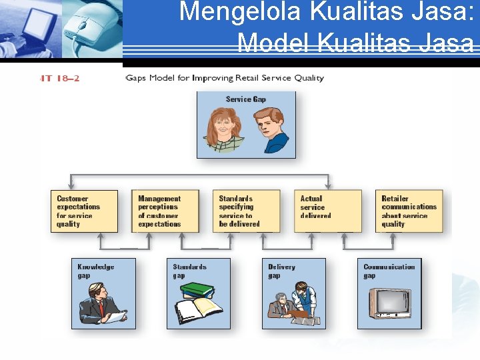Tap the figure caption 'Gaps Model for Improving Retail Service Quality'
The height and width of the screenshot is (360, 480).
(225, 78)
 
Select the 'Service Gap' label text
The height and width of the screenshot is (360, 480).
(245, 99)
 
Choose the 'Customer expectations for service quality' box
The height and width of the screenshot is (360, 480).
(84, 211)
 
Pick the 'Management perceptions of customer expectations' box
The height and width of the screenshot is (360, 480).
(165, 211)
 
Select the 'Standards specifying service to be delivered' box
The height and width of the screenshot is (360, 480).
(246, 211)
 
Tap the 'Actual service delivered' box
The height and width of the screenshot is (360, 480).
(327, 211)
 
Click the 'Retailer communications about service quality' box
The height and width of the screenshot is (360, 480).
(409, 211)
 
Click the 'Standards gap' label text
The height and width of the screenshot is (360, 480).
(190, 271)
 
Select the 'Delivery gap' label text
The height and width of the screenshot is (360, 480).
(281, 271)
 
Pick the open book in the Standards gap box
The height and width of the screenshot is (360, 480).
(197, 311)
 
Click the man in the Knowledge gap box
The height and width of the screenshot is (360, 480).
(100, 303)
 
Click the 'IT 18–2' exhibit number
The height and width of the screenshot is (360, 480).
(60, 79)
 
